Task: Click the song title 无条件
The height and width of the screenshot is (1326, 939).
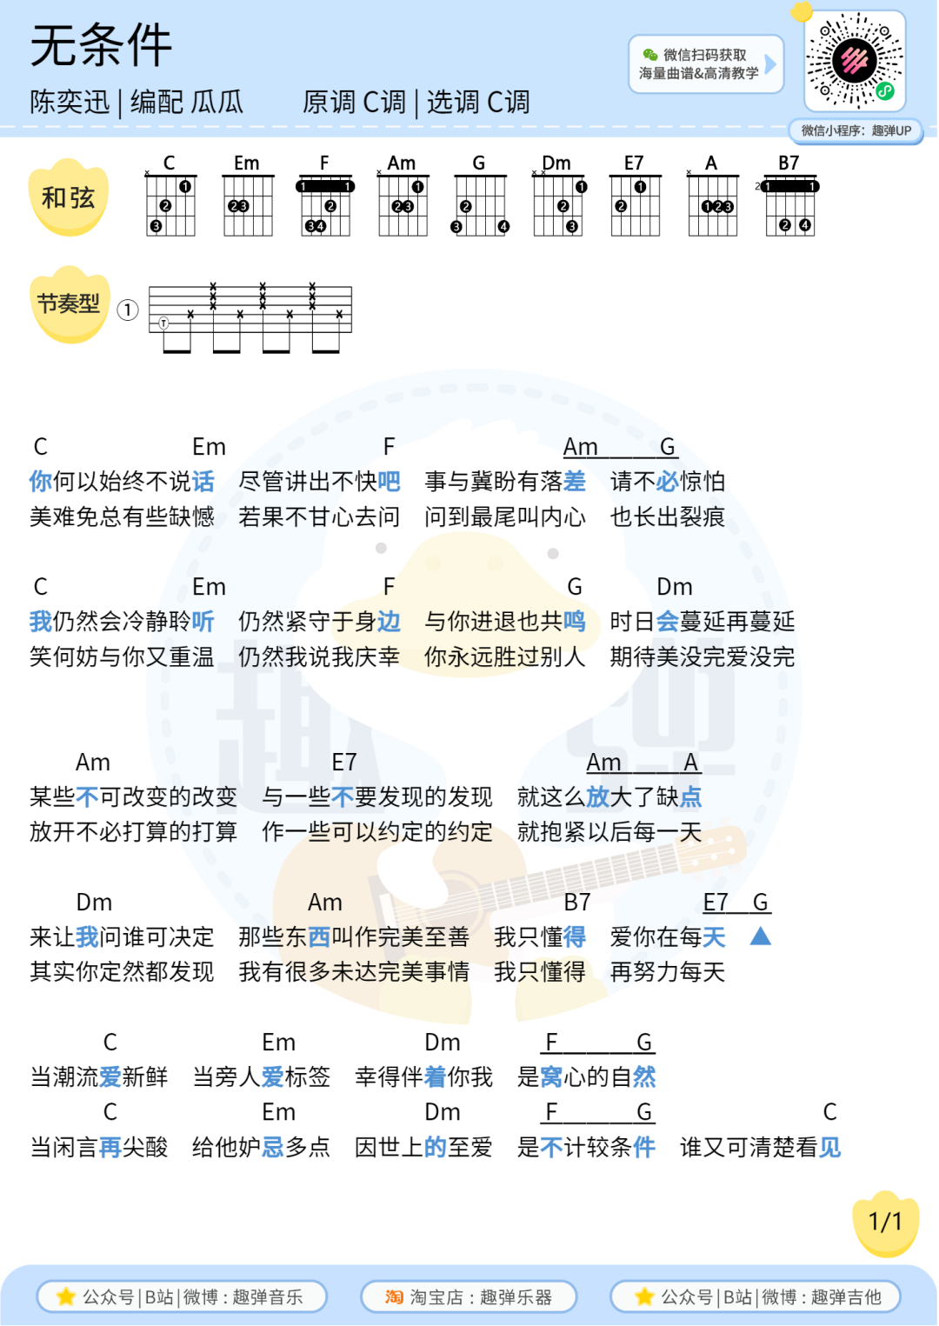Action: (101, 45)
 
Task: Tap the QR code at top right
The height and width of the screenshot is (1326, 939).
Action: (856, 61)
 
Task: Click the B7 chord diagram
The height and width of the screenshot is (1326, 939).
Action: (789, 199)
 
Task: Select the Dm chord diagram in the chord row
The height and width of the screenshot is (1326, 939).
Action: (557, 199)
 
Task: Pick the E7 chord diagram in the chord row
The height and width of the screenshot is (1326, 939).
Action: (635, 199)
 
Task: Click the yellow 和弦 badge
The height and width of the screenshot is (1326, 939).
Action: (69, 198)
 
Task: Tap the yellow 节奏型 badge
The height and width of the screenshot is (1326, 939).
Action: (70, 304)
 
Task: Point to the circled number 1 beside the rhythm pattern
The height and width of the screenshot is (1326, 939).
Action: (128, 310)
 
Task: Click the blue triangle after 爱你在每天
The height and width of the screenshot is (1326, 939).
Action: (760, 936)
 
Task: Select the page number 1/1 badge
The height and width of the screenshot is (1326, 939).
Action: (886, 1222)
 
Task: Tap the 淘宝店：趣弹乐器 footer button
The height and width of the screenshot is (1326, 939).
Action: (469, 1297)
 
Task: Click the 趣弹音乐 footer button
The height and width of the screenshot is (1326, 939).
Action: (182, 1297)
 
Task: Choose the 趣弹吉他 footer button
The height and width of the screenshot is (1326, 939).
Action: (756, 1297)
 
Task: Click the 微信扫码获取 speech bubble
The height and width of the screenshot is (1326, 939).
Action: (703, 64)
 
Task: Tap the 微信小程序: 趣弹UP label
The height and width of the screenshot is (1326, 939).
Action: (856, 131)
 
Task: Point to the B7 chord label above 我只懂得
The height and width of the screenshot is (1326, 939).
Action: (577, 903)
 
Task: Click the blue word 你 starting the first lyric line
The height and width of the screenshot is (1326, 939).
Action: (41, 482)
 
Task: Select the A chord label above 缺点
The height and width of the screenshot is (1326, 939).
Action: (691, 763)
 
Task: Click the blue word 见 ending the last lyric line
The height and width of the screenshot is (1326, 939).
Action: (830, 1148)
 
